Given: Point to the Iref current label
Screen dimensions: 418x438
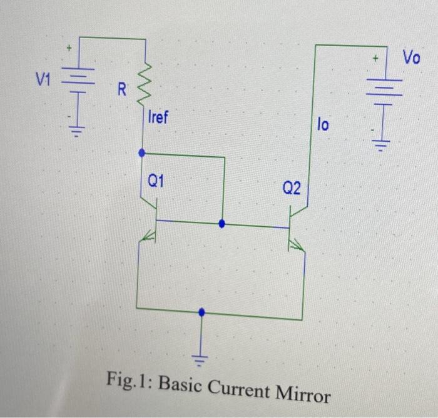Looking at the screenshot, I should pos(158,117).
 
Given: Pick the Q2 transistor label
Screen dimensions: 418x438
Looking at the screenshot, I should pos(291,187).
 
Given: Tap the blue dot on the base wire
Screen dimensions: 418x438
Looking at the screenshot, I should pos(220,222).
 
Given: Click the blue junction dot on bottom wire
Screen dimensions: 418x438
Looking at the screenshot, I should pos(201,311).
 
